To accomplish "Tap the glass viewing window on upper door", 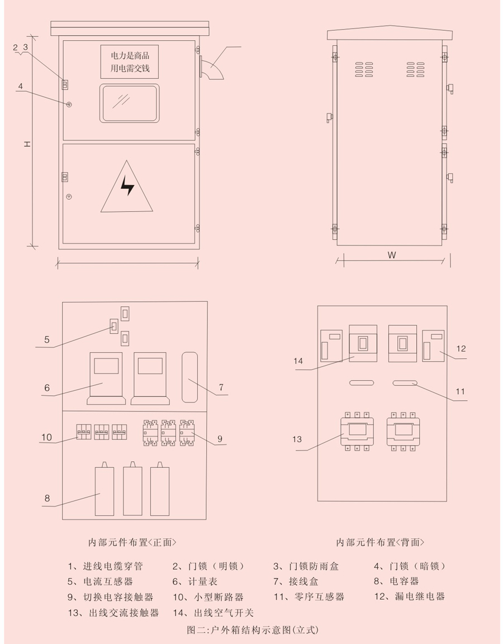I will click(129, 103).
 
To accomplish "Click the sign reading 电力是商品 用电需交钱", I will click(129, 62).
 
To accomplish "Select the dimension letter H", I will click(27, 144).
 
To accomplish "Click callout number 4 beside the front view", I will click(20, 87).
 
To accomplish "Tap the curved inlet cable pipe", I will click(212, 68).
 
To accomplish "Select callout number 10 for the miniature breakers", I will click(46, 437).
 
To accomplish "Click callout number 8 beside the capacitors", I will click(48, 498).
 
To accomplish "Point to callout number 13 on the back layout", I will click(297, 439).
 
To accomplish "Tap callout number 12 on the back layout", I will click(461, 348).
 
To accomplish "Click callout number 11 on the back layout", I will click(460, 392).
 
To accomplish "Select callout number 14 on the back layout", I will click(298, 361).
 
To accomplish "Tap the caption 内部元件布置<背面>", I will click(380, 542).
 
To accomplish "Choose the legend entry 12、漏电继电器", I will click(409, 596).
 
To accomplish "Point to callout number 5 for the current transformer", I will click(47, 339).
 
